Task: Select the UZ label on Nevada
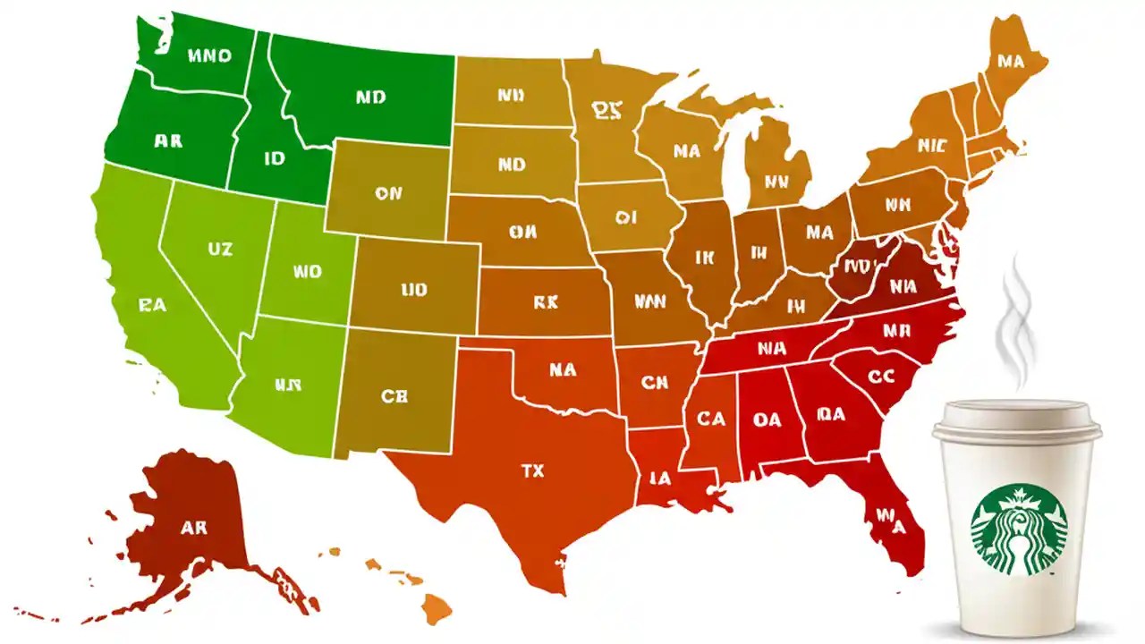click(219, 250)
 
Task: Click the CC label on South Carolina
click(881, 377)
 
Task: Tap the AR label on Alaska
click(193, 528)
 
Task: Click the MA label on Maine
click(1010, 62)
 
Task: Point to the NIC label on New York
click(931, 144)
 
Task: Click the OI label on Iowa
click(624, 217)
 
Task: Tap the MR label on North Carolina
click(895, 330)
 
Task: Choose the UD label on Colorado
click(414, 290)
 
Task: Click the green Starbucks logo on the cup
click(1019, 530)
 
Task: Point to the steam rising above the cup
click(1017, 322)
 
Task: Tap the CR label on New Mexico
click(394, 396)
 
